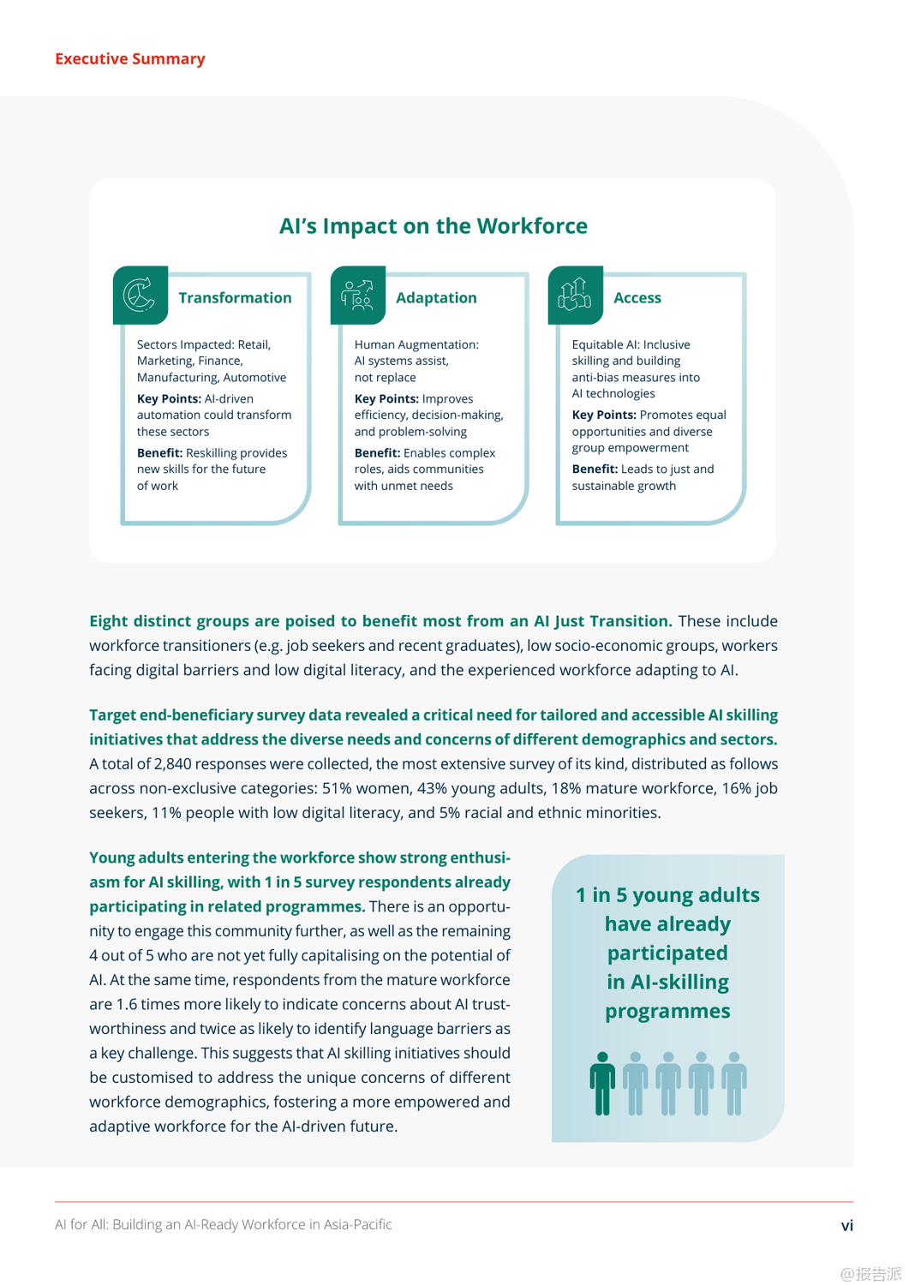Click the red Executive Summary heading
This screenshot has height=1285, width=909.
pyautogui.click(x=130, y=59)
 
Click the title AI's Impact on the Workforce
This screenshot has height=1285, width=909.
pyautogui.click(x=433, y=226)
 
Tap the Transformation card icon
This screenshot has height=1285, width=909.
pyautogui.click(x=140, y=296)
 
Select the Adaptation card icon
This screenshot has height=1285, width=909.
pyautogui.click(x=357, y=296)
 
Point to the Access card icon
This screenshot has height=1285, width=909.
pyautogui.click(x=575, y=296)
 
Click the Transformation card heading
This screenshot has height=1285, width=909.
pyautogui.click(x=235, y=298)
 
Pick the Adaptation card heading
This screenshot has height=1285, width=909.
pyautogui.click(x=436, y=298)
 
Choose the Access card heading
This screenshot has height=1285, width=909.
pyautogui.click(x=637, y=298)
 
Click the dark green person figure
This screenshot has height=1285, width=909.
pyautogui.click(x=602, y=1084)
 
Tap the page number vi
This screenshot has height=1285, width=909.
pyautogui.click(x=846, y=1226)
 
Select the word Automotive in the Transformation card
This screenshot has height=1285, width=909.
pyautogui.click(x=254, y=378)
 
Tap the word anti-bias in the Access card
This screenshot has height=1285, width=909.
pyautogui.click(x=597, y=378)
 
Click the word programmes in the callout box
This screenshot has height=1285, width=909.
pyautogui.click(x=667, y=1012)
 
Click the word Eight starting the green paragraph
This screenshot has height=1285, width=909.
pyautogui.click(x=109, y=621)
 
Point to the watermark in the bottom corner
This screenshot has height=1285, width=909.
pyautogui.click(x=870, y=1274)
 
